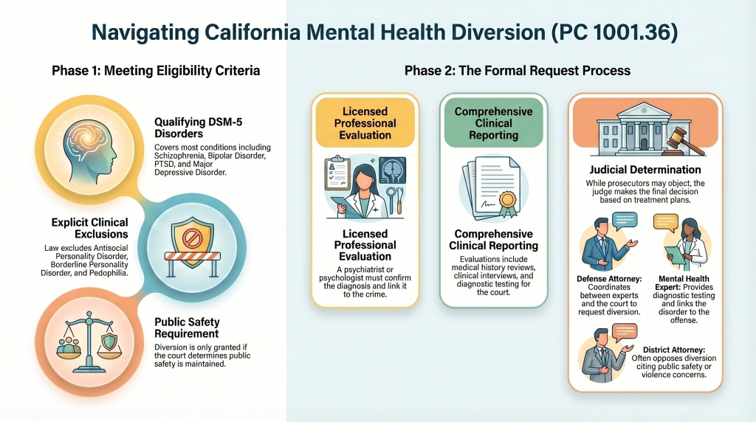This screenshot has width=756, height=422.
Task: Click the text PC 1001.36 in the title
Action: pos(616,32)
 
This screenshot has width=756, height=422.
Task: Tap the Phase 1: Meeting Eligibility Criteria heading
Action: pos(156,71)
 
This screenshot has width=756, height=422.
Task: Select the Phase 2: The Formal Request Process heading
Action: pos(518,71)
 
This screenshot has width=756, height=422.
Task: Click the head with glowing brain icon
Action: pos(89,151)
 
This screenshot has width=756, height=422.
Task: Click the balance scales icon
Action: pos(89,342)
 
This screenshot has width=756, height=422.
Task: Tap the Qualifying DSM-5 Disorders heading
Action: pos(198,128)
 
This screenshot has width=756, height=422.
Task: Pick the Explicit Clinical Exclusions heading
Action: pos(90,229)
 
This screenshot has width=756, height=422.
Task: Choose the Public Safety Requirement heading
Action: pos(187,328)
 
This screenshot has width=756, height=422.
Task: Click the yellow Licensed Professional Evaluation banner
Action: pos(365,123)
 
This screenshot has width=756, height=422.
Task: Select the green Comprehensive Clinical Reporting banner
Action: pos(494,123)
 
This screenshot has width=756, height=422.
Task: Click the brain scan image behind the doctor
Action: pos(392,170)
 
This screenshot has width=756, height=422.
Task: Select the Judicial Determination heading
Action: pos(645,170)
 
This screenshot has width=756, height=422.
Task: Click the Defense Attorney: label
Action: pos(609,278)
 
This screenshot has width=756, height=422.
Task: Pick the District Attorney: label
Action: pos(673,350)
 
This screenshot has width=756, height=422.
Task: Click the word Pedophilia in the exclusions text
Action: pos(110,273)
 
